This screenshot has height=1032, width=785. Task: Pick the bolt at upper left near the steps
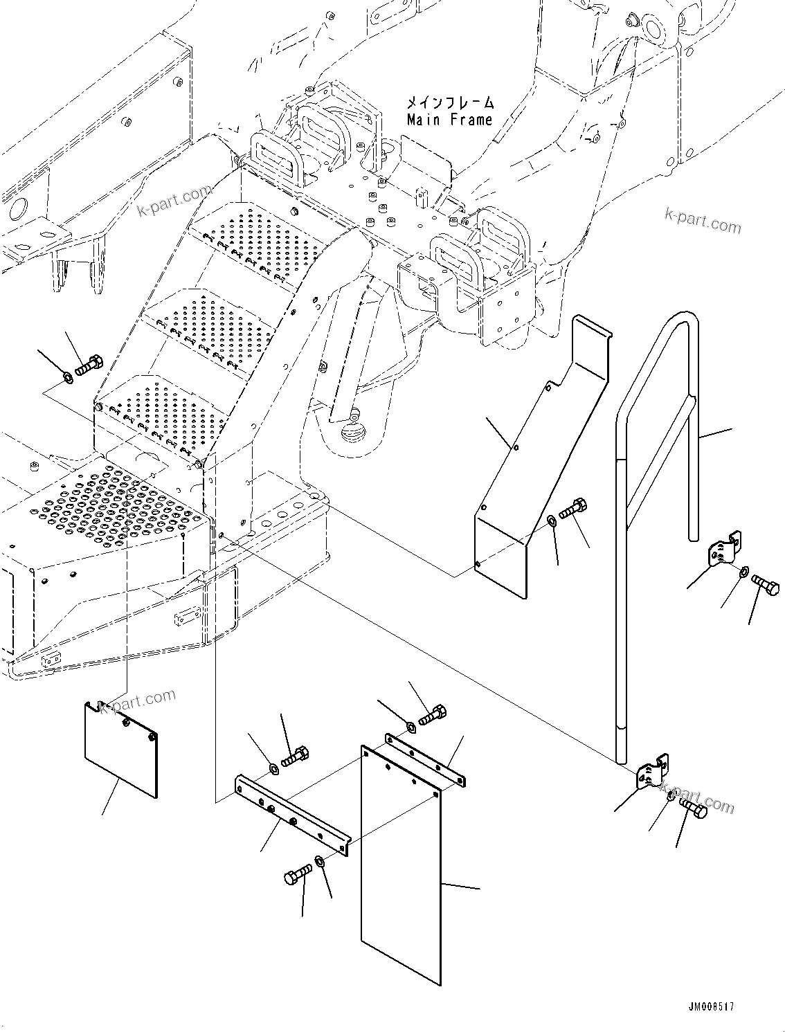click(89, 364)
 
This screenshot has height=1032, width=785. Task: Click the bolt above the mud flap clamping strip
click(433, 714)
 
